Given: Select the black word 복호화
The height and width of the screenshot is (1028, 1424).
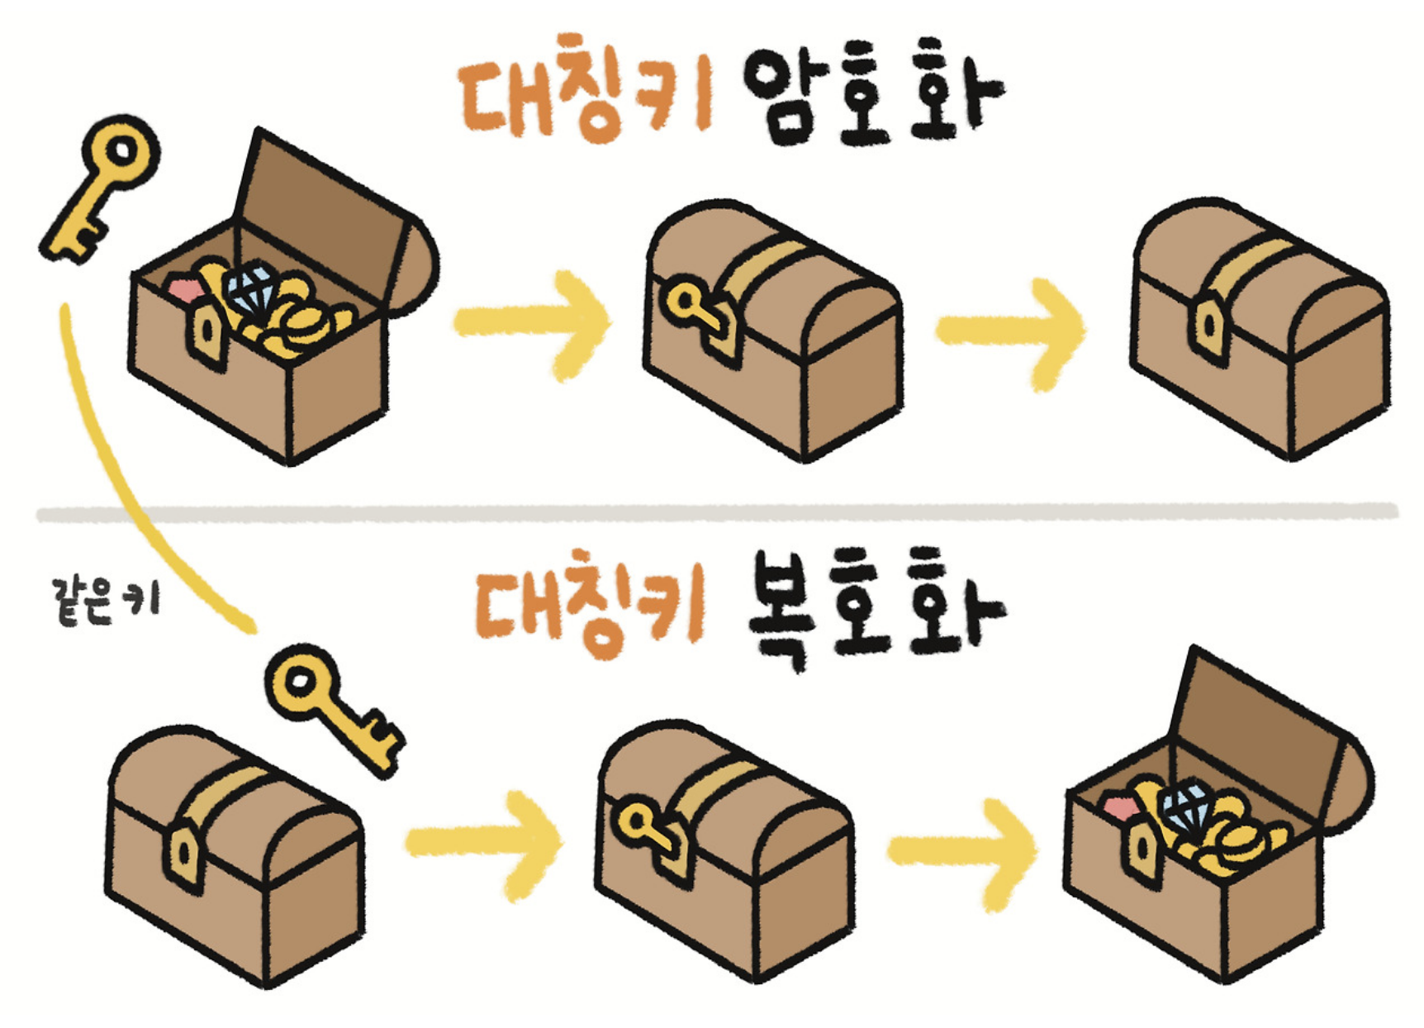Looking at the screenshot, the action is click(874, 607).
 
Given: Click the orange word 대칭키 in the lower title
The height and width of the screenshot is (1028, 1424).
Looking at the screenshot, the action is click(588, 605).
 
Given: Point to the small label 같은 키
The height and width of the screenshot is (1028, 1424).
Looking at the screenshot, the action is click(105, 601).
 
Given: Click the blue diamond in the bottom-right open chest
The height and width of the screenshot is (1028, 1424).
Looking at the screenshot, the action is click(1187, 806).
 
